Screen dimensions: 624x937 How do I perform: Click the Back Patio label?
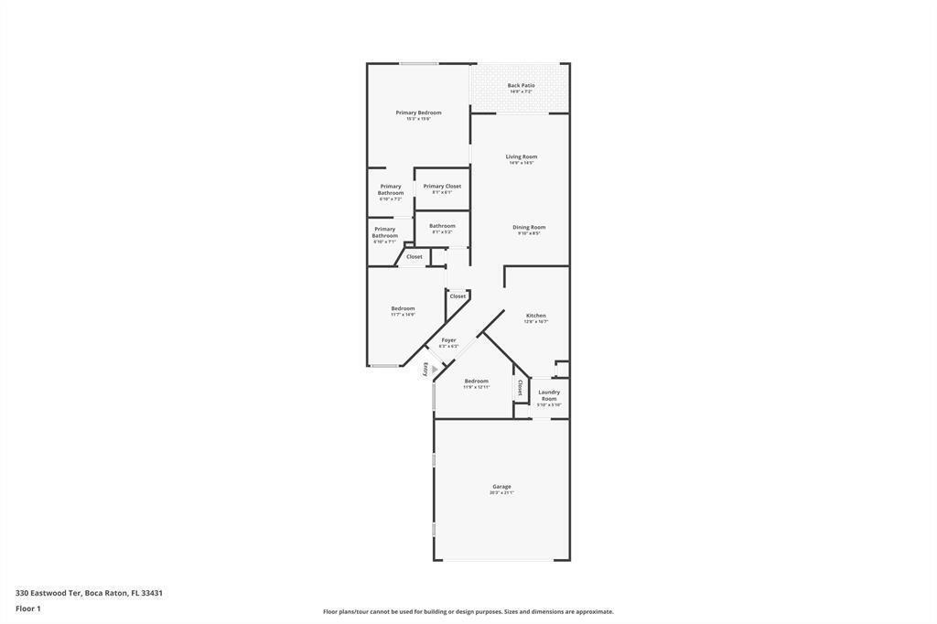tap(521, 86)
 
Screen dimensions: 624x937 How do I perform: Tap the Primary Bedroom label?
tap(418, 113)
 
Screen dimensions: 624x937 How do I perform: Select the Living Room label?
tap(522, 157)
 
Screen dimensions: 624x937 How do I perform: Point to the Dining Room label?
tap(529, 228)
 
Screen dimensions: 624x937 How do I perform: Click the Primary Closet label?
tap(442, 187)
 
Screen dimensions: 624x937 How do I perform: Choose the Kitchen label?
tap(536, 316)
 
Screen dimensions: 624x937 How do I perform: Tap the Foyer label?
tap(448, 340)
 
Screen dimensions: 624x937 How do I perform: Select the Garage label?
tap(501, 487)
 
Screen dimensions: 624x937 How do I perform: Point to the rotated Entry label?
tap(425, 369)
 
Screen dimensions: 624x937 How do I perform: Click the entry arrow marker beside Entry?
tap(435, 370)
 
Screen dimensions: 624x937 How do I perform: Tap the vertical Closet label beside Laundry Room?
tap(521, 388)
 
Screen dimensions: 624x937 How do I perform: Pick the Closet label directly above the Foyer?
tap(458, 296)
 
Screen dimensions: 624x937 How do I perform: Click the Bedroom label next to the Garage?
tap(476, 382)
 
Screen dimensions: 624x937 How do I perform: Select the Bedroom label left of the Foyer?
tap(403, 309)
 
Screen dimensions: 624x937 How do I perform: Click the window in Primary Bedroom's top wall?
tap(418, 63)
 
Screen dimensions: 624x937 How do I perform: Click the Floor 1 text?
tap(28, 608)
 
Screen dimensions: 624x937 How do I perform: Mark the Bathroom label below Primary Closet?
tap(442, 226)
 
